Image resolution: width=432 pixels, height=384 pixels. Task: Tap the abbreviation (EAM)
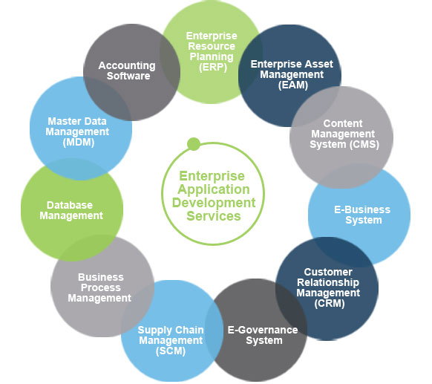pyautogui.click(x=292, y=85)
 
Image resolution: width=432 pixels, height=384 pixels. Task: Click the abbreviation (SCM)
pyautogui.click(x=170, y=351)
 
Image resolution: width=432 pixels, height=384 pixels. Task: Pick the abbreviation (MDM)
pyautogui.click(x=78, y=142)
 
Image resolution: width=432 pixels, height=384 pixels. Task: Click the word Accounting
pyautogui.click(x=127, y=65)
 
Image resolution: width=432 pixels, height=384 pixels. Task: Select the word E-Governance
pyautogui.click(x=264, y=330)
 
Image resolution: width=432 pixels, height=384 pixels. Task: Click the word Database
pyautogui.click(x=70, y=205)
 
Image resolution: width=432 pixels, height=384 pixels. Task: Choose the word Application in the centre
pyautogui.click(x=214, y=189)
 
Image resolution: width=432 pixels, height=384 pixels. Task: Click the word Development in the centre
pyautogui.click(x=215, y=203)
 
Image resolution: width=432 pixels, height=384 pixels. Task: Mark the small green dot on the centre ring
pyautogui.click(x=194, y=143)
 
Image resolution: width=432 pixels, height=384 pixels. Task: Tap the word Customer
pyautogui.click(x=327, y=272)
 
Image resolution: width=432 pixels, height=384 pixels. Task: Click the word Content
pyautogui.click(x=344, y=123)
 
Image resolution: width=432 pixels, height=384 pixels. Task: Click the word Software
pyautogui.click(x=127, y=76)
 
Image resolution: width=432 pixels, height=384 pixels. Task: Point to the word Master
pyautogui.click(x=64, y=121)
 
